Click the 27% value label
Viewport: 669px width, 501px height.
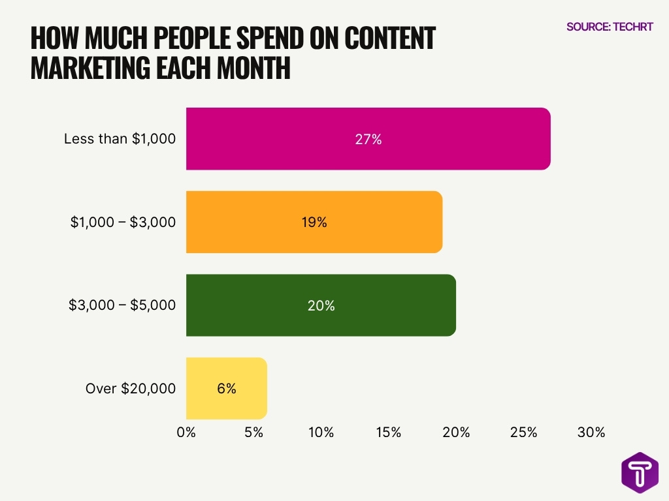tap(368, 139)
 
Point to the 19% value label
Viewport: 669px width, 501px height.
tap(314, 222)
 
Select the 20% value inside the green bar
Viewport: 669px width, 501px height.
tap(321, 305)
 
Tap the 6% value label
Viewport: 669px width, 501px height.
tap(226, 389)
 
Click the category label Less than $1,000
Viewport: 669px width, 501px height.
tap(120, 139)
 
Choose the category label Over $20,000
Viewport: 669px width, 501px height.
tap(131, 389)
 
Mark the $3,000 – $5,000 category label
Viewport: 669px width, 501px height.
tap(122, 305)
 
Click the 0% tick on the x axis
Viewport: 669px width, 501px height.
tap(186, 433)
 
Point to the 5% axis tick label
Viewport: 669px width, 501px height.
tap(253, 433)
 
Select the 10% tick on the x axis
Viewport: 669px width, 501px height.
tap(321, 433)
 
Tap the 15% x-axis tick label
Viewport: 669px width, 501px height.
tap(388, 433)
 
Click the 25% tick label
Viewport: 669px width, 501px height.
tap(523, 433)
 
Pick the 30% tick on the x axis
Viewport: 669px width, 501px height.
tap(591, 433)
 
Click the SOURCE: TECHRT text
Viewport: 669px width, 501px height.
tap(610, 27)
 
